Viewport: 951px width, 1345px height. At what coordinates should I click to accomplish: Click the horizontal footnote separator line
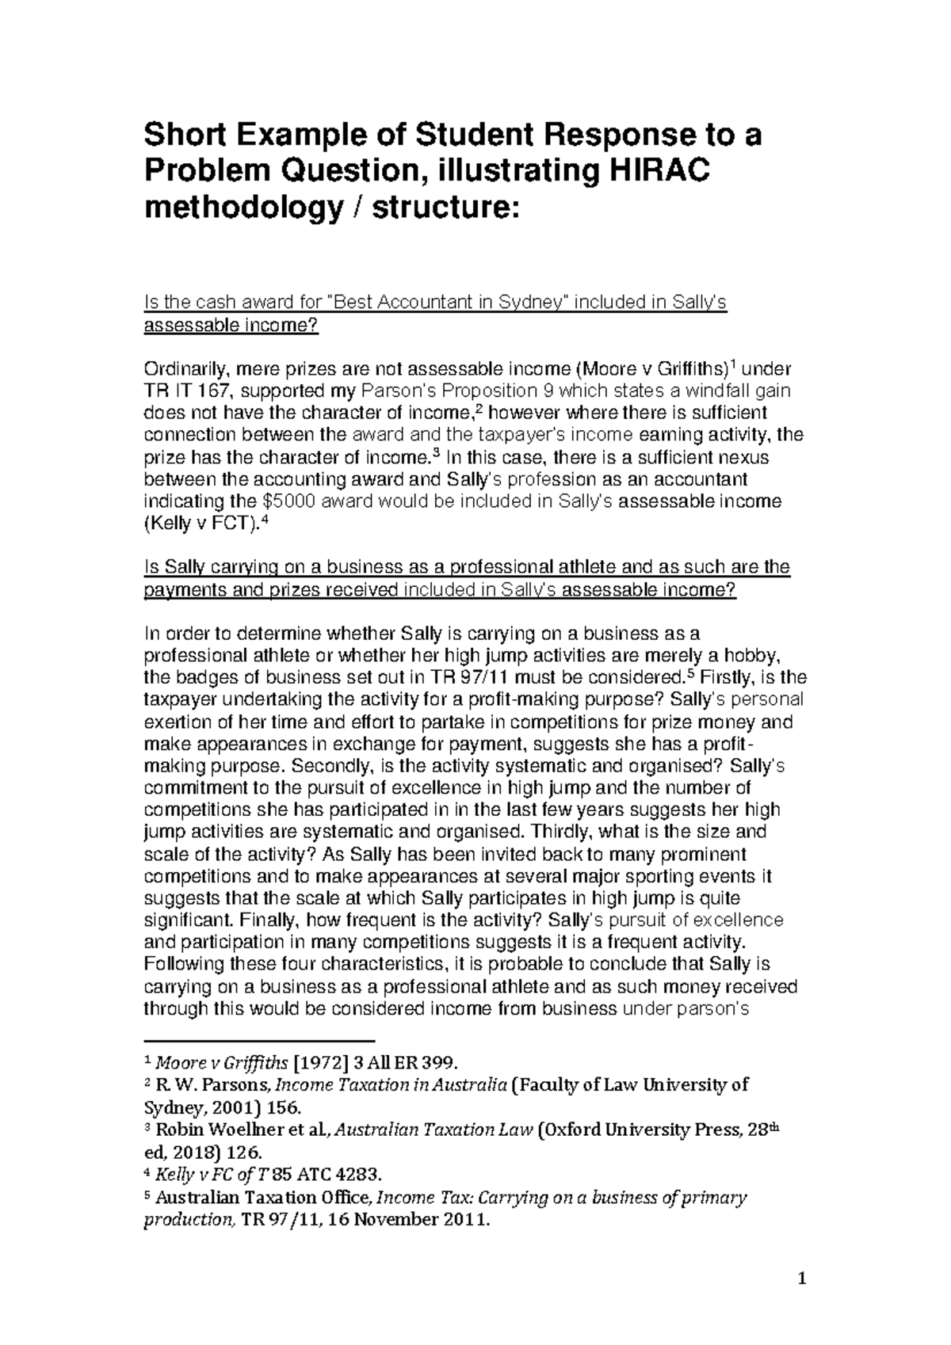click(258, 1040)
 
